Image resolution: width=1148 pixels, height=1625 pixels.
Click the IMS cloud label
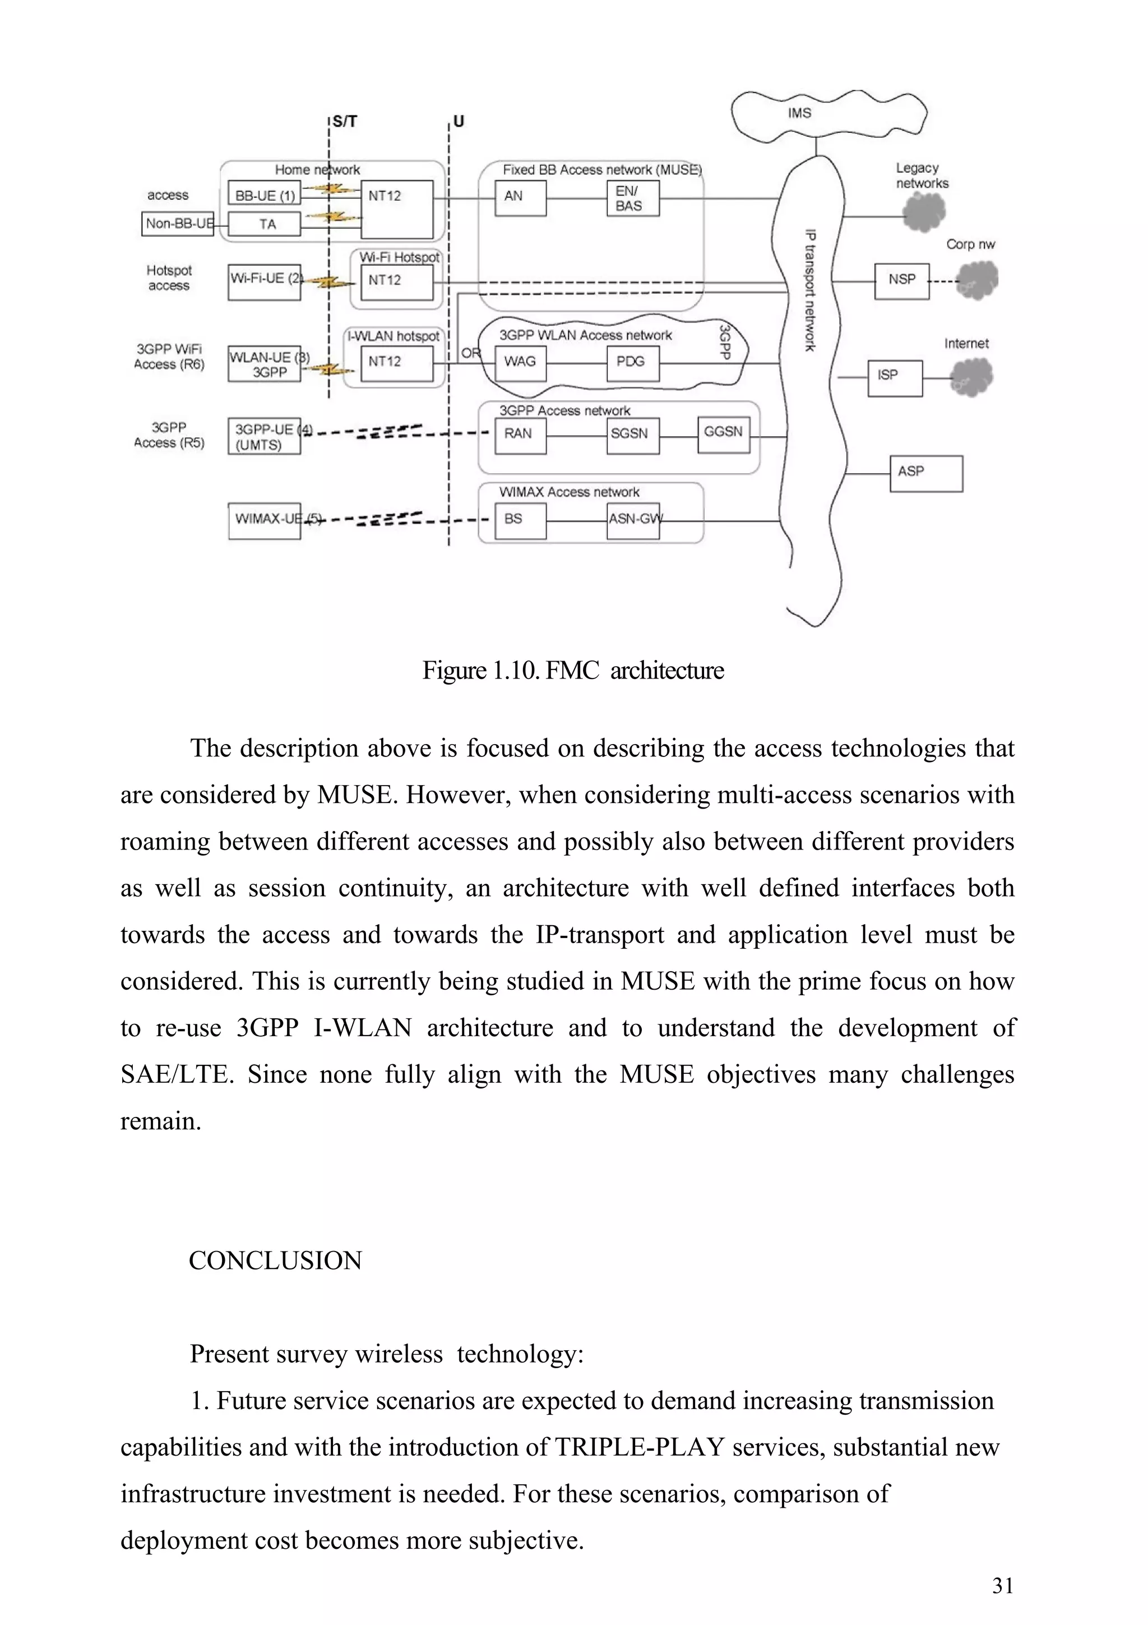[799, 113]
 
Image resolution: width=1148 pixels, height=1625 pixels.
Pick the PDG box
[632, 363]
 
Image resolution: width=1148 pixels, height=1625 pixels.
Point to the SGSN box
[632, 435]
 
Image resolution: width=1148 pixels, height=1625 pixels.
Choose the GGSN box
[723, 434]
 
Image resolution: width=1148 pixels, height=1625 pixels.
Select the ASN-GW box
[633, 520]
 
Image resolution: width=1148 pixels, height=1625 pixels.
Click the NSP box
[901, 281]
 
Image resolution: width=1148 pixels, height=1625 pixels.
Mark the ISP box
[895, 378]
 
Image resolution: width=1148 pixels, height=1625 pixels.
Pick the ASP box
[925, 473]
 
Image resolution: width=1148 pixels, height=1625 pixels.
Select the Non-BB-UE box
[178, 224]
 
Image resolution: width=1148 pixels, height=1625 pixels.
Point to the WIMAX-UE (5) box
[264, 520]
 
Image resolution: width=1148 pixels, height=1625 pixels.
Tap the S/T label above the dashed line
[345, 122]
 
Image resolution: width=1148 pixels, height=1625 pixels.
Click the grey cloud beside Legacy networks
[924, 211]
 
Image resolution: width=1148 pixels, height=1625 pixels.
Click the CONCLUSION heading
[275, 1261]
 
